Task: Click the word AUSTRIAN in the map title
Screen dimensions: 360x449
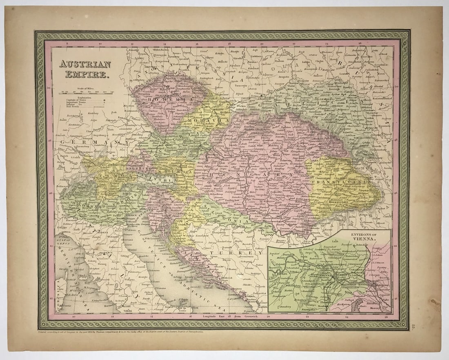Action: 85,64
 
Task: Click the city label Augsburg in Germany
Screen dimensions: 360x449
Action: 100,134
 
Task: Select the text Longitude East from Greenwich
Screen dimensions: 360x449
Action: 224,316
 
